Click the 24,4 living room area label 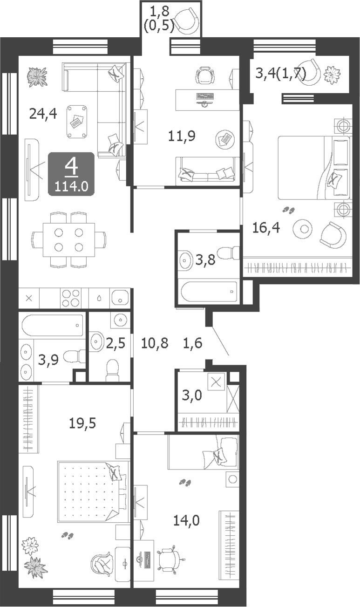43,113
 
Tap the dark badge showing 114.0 71,173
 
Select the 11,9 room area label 182,136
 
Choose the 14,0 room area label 186,520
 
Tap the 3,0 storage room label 191,396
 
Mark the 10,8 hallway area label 155,344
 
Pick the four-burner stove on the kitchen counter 70,298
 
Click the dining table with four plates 68,239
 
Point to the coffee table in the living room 77,121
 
